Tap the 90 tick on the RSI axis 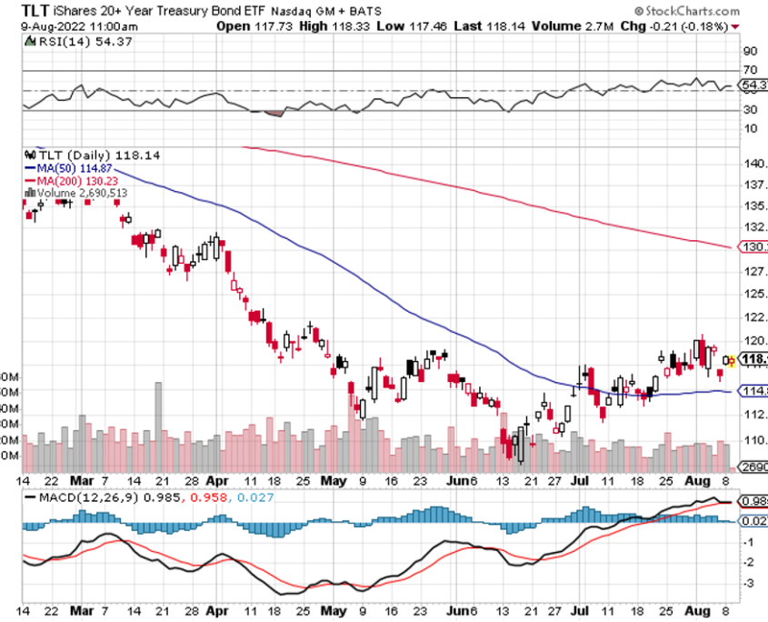click(x=751, y=52)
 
